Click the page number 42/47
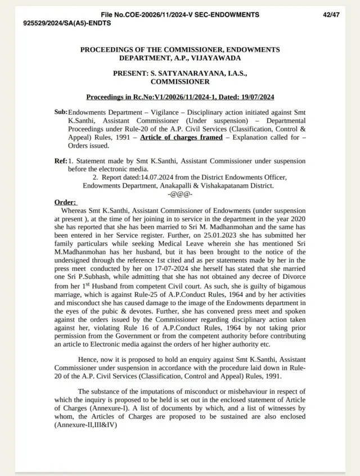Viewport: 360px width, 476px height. pyautogui.click(x=331, y=13)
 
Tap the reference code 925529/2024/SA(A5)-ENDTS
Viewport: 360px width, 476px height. pyautogui.click(x=67, y=23)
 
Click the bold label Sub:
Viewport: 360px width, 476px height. pyautogui.click(x=61, y=112)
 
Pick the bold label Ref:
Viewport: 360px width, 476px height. pyautogui.click(x=61, y=161)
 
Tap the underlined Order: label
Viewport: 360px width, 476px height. pyautogui.click(x=66, y=202)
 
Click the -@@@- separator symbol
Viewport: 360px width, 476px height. pyautogui.click(x=180, y=193)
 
